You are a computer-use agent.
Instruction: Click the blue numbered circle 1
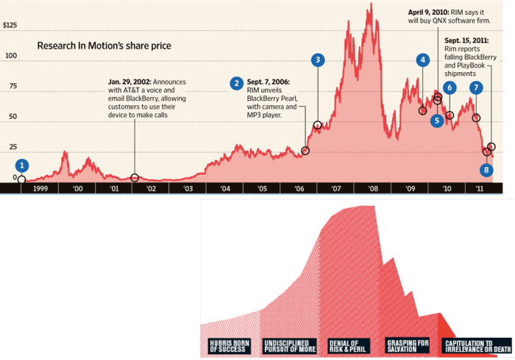click(x=23, y=166)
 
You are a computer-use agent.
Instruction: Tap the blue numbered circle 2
click(x=236, y=83)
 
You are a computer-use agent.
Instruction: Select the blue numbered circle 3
click(x=317, y=60)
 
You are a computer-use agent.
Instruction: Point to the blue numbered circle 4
click(x=422, y=60)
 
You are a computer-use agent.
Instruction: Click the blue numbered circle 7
click(x=476, y=88)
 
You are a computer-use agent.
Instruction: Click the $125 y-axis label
click(x=10, y=26)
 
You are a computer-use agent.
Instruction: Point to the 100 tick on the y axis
click(x=10, y=56)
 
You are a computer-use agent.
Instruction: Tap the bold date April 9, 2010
click(x=429, y=13)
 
